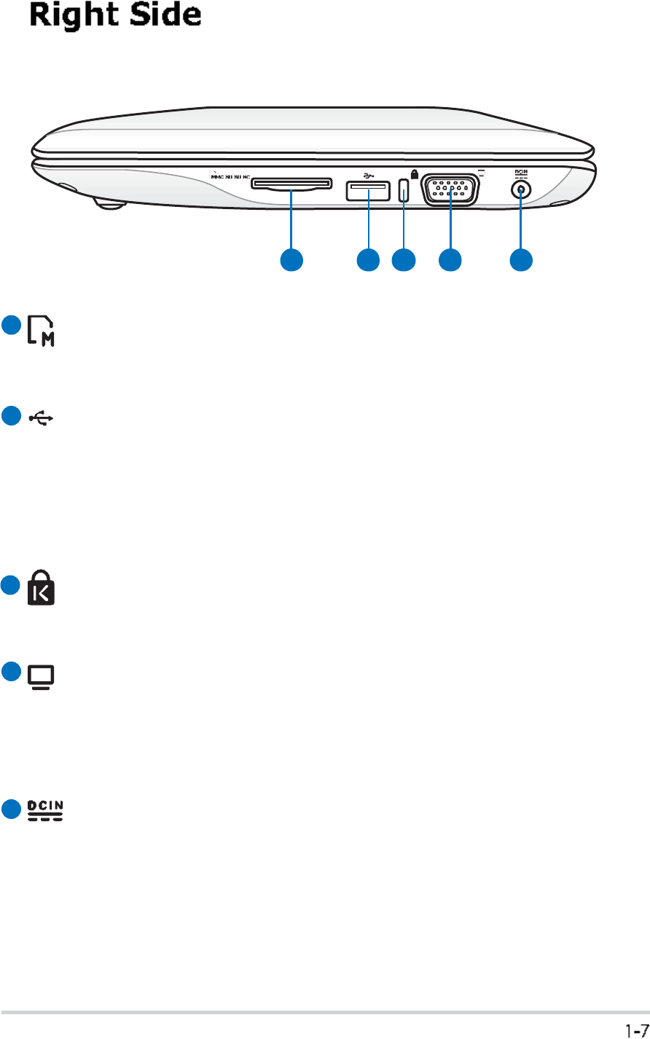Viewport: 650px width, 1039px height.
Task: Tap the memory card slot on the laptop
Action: pos(290,185)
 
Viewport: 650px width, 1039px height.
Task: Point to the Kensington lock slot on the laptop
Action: pos(404,192)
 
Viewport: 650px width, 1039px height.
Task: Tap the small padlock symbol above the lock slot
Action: pos(415,175)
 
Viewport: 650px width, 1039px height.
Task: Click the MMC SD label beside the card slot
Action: pos(230,176)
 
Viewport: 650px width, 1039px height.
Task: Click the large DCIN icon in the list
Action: pos(45,809)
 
